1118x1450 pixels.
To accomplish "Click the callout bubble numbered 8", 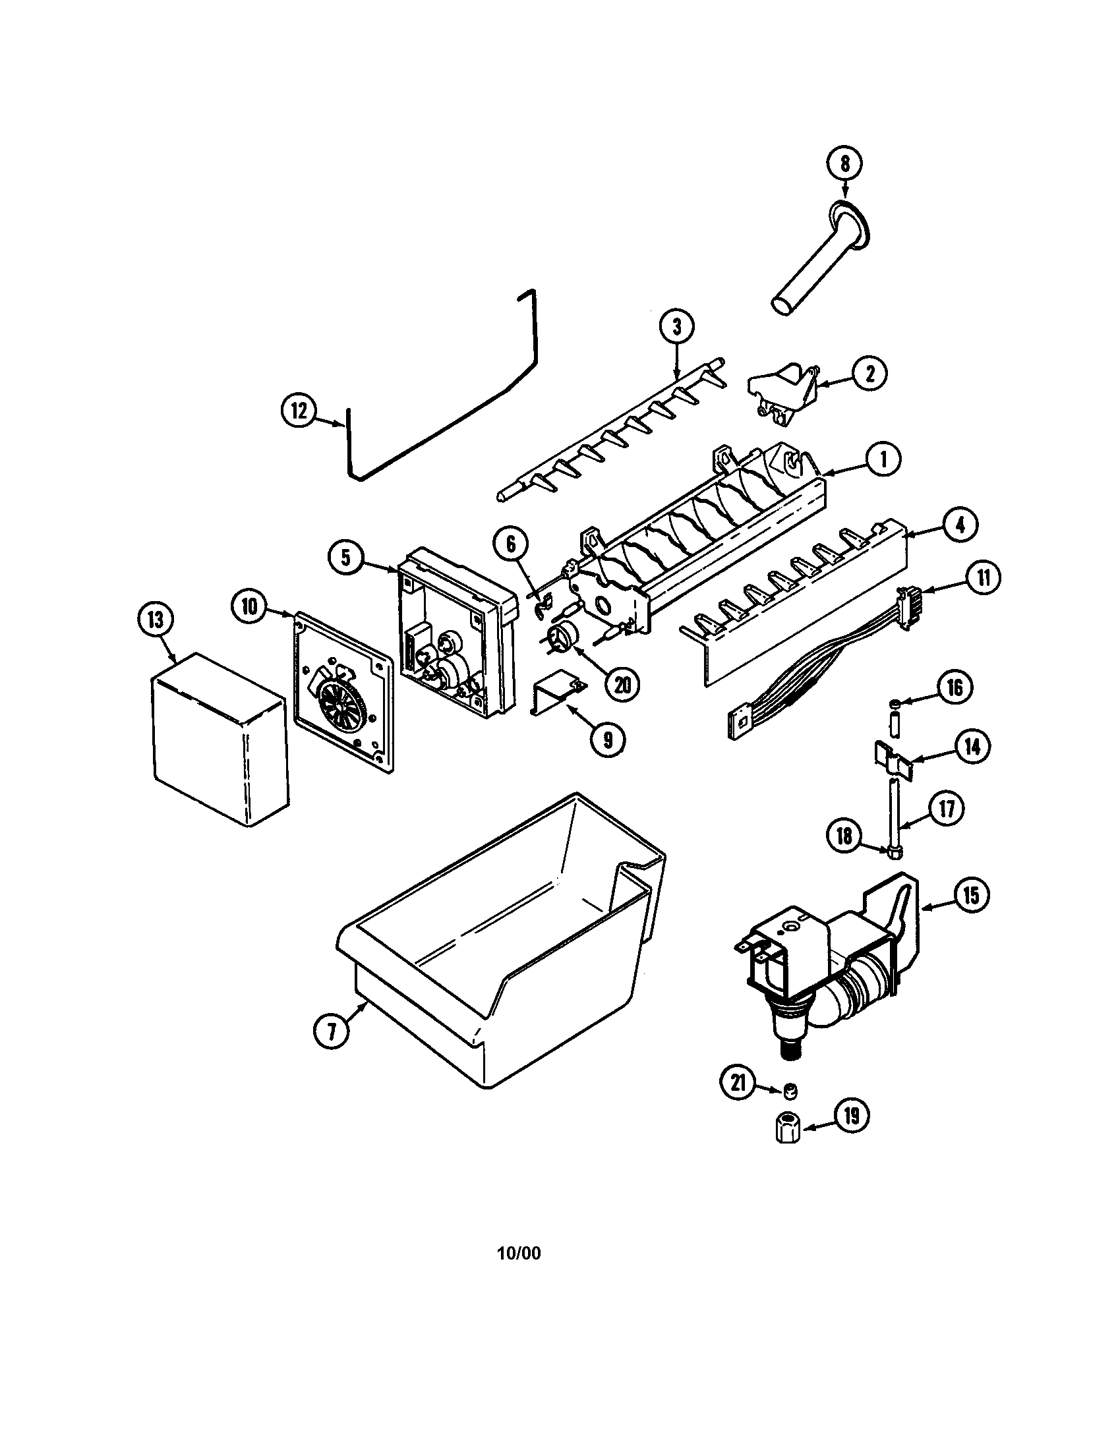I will click(844, 163).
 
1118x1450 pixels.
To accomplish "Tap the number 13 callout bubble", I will click(156, 620).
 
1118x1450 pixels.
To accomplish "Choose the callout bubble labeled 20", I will click(622, 684).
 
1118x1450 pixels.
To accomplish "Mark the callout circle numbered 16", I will click(954, 688).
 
